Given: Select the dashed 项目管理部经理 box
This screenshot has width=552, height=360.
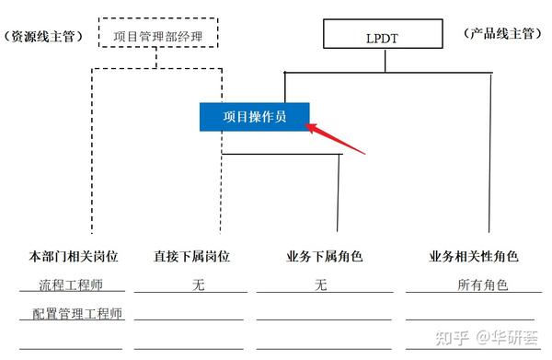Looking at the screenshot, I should [158, 36].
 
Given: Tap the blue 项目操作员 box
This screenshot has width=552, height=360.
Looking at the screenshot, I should [255, 117].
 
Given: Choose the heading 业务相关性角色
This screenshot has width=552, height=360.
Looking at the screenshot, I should [474, 257].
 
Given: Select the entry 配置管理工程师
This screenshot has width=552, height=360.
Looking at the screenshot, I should [76, 314].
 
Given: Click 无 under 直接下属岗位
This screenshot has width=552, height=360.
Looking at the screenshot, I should [198, 285].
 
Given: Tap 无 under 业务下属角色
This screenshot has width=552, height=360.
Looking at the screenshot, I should [320, 285].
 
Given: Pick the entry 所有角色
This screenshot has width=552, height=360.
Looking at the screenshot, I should [483, 285].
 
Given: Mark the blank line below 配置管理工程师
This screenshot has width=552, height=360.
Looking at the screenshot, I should [71, 348].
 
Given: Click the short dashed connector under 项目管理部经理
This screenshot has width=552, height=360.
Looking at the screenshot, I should [157, 58].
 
